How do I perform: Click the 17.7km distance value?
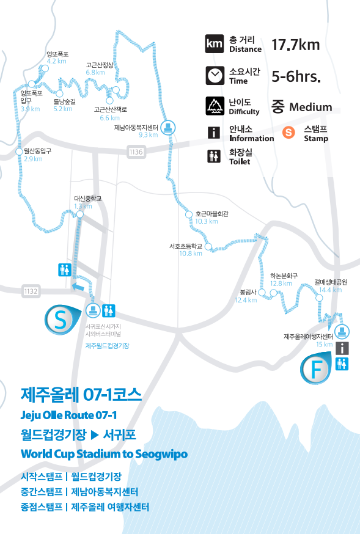pos(295,45)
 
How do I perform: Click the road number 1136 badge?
pos(136,152)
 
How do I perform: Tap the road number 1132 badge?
pos(31,291)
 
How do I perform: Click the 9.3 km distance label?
pos(149,135)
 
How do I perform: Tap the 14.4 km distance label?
pos(331,290)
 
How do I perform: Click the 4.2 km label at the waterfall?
pos(56,61)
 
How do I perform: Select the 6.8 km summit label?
pos(95,72)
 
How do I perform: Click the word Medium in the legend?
pos(310,108)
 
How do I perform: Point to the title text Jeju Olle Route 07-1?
pos(68,415)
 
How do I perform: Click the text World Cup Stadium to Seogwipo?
pos(104,455)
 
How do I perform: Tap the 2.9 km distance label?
pos(33,159)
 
